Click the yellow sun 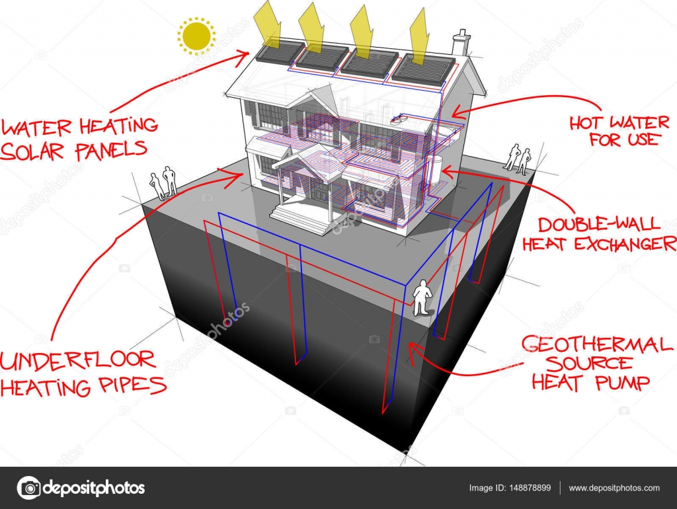pyautogui.click(x=196, y=36)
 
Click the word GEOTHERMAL pyautogui.click(x=597, y=345)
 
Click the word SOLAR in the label pyautogui.click(x=32, y=152)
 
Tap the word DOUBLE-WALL pyautogui.click(x=599, y=223)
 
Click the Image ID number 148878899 pyautogui.click(x=530, y=488)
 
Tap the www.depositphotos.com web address pyautogui.click(x=614, y=489)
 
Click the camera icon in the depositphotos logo pyautogui.click(x=29, y=488)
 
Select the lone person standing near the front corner pyautogui.click(x=422, y=297)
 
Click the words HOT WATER pyautogui.click(x=619, y=123)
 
